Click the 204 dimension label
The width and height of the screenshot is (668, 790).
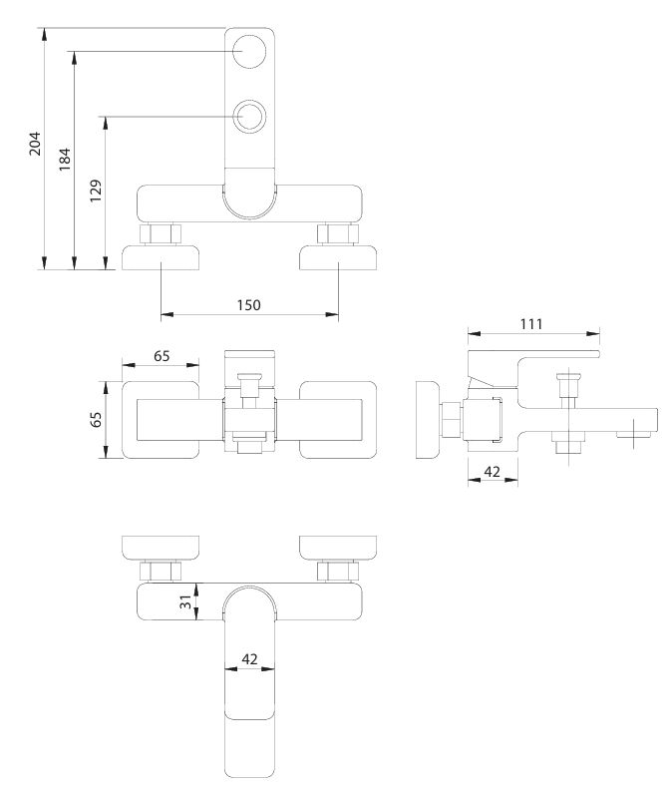pyautogui.click(x=35, y=144)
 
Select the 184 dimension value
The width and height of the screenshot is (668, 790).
pyautogui.click(x=65, y=160)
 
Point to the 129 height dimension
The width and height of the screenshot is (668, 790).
pyautogui.click(x=96, y=191)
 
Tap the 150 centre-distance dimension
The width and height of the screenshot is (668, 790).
pyautogui.click(x=249, y=305)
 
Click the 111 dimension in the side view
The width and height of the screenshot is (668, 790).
pyautogui.click(x=531, y=324)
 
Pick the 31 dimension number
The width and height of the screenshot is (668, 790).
pyautogui.click(x=185, y=601)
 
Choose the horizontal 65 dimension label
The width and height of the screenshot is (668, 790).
pyautogui.click(x=162, y=356)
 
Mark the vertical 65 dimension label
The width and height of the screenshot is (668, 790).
pyautogui.click(x=96, y=419)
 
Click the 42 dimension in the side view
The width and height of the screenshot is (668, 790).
pyautogui.click(x=493, y=472)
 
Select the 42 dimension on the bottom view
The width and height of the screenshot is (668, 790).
pyautogui.click(x=250, y=659)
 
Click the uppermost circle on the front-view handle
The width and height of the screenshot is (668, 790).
pyautogui.click(x=249, y=52)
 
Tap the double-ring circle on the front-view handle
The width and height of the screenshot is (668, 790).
pyautogui.click(x=249, y=117)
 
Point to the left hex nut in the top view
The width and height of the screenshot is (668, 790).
pyautogui.click(x=161, y=233)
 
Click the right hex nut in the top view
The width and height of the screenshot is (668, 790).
pyautogui.click(x=338, y=233)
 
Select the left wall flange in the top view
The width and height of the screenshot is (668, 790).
pyautogui.click(x=161, y=257)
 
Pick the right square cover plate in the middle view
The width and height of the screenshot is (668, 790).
pyautogui.click(x=338, y=420)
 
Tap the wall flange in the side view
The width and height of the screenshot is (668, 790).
pyautogui.click(x=428, y=420)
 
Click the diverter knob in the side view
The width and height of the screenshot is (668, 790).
pyautogui.click(x=568, y=384)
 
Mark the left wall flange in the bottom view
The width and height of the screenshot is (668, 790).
pyautogui.click(x=161, y=549)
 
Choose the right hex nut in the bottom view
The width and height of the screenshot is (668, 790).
pyautogui.click(x=338, y=572)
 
